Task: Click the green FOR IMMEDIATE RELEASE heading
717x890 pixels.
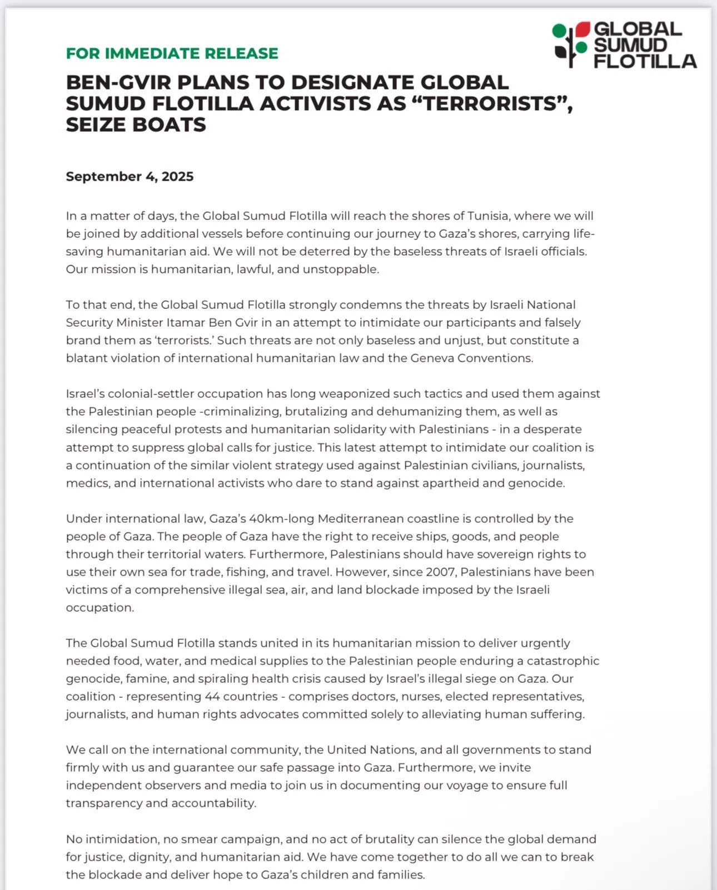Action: point(172,53)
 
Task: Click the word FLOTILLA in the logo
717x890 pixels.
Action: point(645,61)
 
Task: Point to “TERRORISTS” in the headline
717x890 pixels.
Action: point(490,103)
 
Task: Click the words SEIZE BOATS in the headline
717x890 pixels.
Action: point(136,124)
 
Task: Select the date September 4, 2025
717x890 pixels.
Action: point(130,177)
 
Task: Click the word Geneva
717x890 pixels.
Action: point(433,358)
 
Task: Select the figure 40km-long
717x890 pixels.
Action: point(281,519)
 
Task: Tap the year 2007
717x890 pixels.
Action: point(440,572)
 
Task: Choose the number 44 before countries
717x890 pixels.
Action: point(212,697)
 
